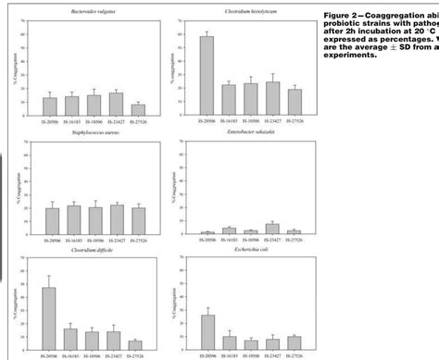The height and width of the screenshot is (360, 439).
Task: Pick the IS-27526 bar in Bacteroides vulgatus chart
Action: click(138, 107)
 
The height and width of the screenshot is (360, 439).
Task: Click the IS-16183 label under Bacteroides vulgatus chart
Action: click(71, 121)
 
